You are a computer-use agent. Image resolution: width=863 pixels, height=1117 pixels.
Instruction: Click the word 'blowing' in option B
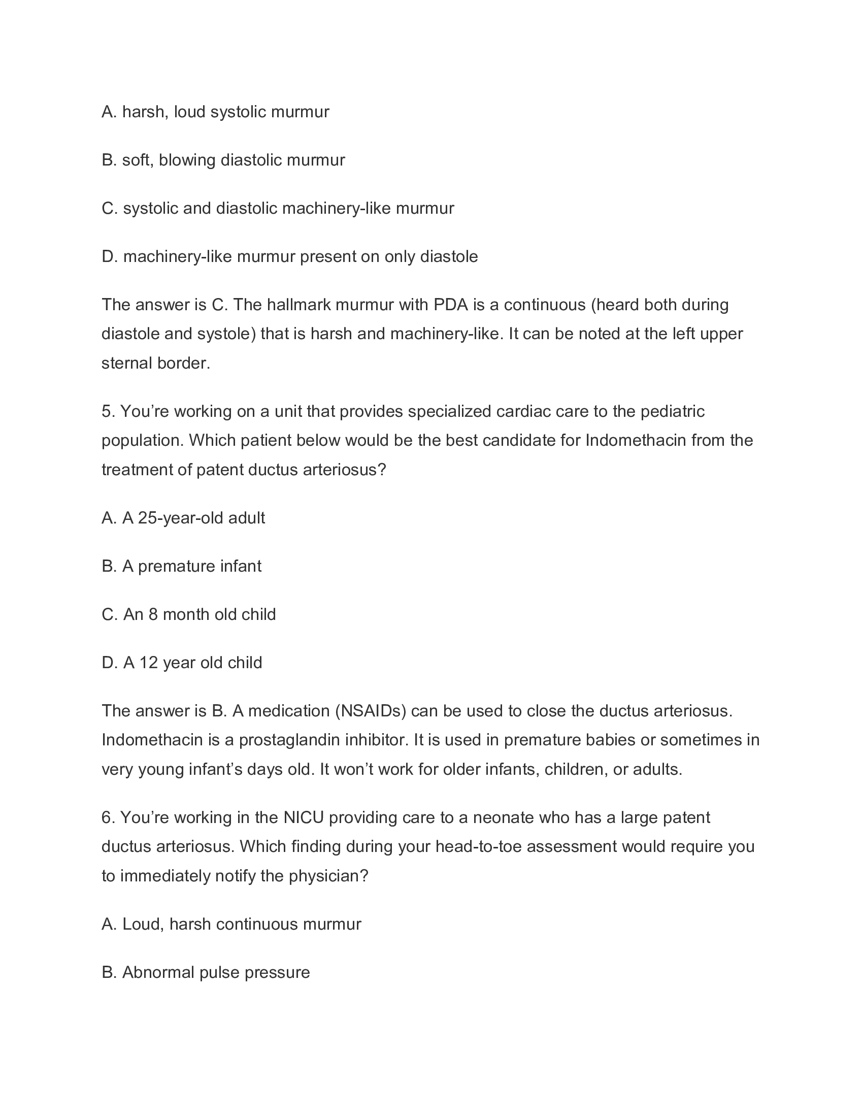point(187,160)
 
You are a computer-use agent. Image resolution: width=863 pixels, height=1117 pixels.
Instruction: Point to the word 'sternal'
point(126,363)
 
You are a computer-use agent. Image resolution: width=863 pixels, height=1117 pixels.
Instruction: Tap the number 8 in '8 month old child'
point(153,614)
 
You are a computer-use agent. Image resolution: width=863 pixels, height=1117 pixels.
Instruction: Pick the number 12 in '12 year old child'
point(148,663)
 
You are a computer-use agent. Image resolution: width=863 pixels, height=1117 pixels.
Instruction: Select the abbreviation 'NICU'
point(304,817)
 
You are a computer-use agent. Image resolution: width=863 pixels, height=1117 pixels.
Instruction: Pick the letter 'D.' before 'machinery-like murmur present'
point(110,257)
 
